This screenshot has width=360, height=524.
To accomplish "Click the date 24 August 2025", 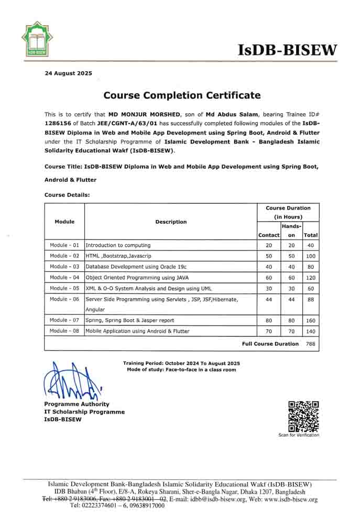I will point(68,73).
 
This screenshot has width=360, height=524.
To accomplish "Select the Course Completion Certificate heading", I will point(181,95).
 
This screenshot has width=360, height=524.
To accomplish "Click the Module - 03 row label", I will point(64,266).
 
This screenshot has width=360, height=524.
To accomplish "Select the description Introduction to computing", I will point(118,245).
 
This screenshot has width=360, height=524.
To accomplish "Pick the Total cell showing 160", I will point(311,320).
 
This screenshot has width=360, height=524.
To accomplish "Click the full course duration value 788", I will point(311,344).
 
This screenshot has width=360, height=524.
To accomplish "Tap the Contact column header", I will point(269,235).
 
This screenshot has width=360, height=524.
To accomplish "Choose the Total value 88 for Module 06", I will point(311,299).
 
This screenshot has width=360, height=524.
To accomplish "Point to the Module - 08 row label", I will point(64,331).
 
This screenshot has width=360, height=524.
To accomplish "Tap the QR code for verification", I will point(303,416).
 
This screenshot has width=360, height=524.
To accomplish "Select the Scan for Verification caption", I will point(299,435).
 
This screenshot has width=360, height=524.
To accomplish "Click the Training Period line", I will point(181,363).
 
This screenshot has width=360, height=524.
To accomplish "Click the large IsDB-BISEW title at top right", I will point(288,50).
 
